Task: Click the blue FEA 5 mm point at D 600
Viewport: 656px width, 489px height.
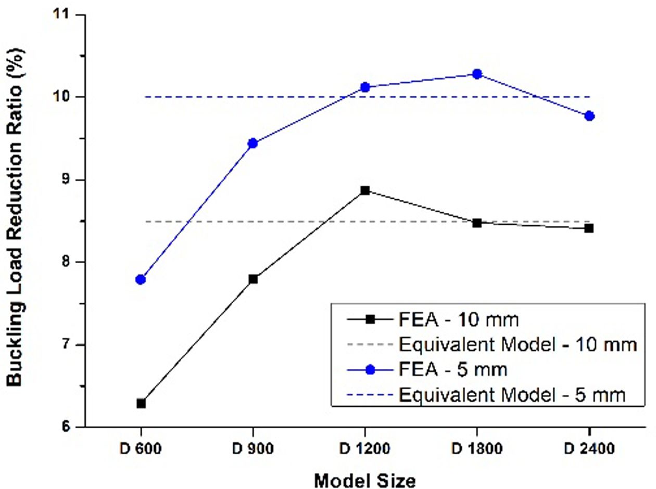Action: click(x=141, y=279)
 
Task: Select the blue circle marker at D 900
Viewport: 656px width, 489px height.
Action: click(x=253, y=143)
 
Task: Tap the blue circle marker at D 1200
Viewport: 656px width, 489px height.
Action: click(x=365, y=87)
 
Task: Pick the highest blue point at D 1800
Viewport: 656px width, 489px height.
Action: click(x=476, y=74)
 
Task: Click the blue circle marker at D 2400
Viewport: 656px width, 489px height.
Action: click(x=589, y=115)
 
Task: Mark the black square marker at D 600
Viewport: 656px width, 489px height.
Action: click(x=141, y=403)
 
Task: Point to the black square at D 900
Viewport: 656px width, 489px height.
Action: click(x=253, y=279)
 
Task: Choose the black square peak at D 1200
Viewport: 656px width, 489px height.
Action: click(x=365, y=190)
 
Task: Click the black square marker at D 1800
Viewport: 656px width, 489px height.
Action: click(x=476, y=223)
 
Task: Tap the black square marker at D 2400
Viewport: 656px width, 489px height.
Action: click(x=589, y=228)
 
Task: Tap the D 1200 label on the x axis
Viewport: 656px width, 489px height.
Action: click(x=365, y=447)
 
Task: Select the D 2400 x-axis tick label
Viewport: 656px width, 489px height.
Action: click(x=589, y=447)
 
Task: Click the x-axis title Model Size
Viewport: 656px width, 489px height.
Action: click(x=364, y=480)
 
